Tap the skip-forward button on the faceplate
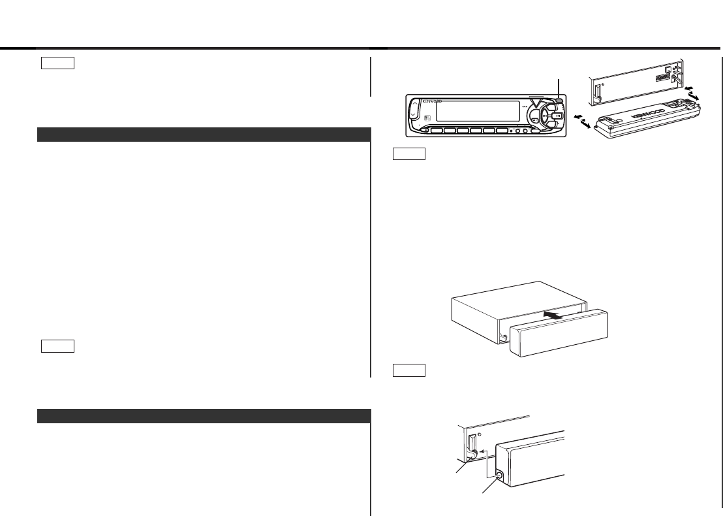[x=555, y=115]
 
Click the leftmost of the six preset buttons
[x=437, y=130]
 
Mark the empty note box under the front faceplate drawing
[x=409, y=155]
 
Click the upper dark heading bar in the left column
[x=204, y=135]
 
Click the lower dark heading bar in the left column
[x=204, y=416]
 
